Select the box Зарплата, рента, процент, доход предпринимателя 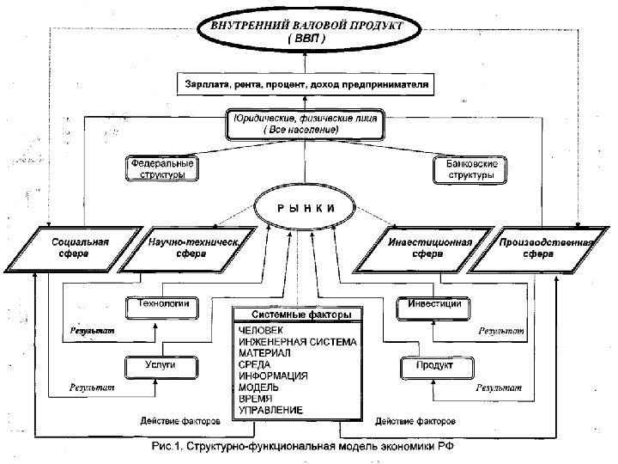pos(306,84)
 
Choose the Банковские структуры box pos(471,168)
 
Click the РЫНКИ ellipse pos(306,210)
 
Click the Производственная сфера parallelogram pos(536,248)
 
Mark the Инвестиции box pos(434,304)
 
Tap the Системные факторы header pos(300,315)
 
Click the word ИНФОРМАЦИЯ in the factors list pos(273,376)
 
